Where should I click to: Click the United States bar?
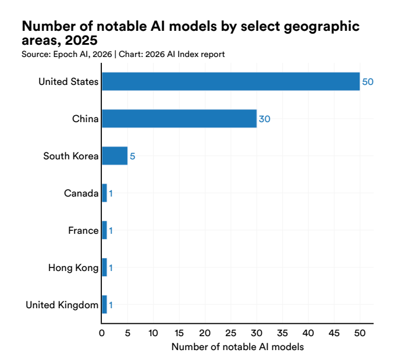click(x=230, y=81)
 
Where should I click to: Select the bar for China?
click(x=179, y=119)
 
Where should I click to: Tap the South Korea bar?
click(x=115, y=156)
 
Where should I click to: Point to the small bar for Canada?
click(x=104, y=193)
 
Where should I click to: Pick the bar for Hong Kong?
click(x=104, y=268)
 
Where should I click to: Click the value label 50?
click(x=368, y=82)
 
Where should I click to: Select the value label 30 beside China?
click(x=264, y=119)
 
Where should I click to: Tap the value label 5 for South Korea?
click(x=133, y=156)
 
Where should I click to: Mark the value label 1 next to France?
click(x=111, y=231)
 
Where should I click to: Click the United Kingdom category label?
click(x=62, y=305)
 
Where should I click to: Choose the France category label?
click(x=83, y=230)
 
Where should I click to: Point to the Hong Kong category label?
click(x=73, y=268)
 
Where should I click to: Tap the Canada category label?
click(x=81, y=193)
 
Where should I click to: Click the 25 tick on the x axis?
click(x=231, y=334)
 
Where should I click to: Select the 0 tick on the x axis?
click(x=102, y=334)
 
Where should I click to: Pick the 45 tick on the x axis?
click(x=334, y=334)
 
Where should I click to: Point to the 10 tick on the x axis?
click(x=154, y=334)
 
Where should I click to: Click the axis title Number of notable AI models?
click(x=237, y=347)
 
